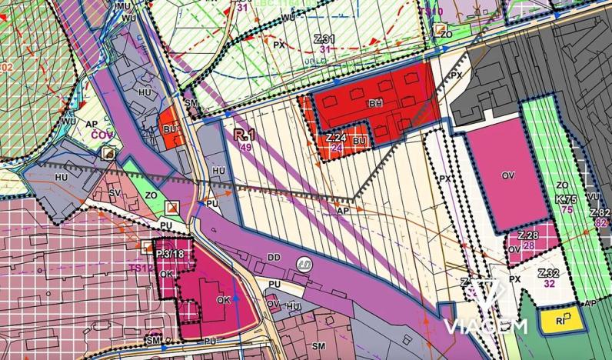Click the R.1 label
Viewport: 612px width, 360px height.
[x=244, y=135]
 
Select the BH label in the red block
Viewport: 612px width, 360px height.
[x=375, y=103]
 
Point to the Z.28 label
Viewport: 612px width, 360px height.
[x=527, y=235]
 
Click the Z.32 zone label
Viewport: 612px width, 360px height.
[x=548, y=273]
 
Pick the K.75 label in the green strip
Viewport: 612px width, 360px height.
[x=567, y=198]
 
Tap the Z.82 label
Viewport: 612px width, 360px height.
[x=600, y=212]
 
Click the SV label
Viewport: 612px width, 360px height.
[x=115, y=192]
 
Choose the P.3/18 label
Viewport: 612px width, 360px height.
[x=170, y=254]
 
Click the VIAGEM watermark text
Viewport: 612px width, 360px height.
[x=485, y=326]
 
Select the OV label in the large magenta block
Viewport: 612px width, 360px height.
[x=507, y=175]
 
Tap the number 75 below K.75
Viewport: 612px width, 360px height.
[x=567, y=209]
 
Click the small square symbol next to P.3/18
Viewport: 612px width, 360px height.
[x=148, y=246]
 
